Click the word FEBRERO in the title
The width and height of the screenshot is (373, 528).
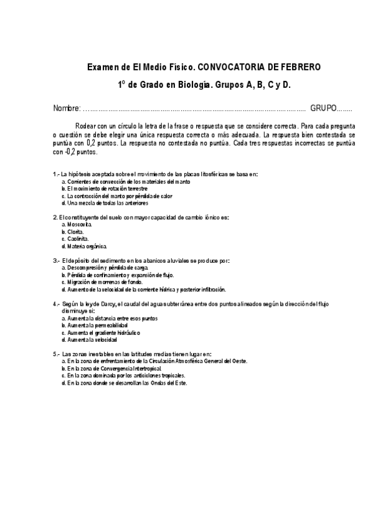299,67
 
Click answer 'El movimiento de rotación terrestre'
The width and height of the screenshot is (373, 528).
104,188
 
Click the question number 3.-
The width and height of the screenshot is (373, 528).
57,260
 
